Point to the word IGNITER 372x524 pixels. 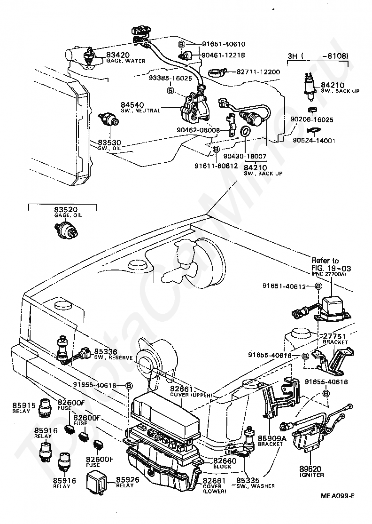point(311,475)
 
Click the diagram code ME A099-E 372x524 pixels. point(338,508)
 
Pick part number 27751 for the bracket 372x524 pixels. point(334,336)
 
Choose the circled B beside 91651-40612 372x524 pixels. point(318,286)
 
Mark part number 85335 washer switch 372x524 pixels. point(248,480)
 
